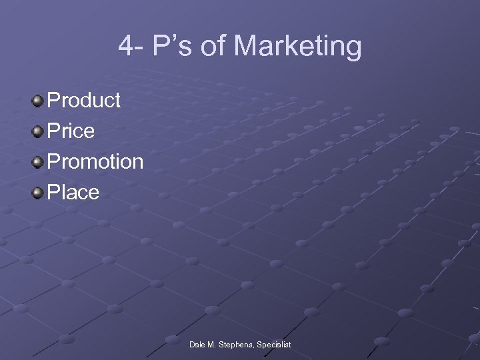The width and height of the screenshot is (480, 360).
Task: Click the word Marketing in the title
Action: (298, 47)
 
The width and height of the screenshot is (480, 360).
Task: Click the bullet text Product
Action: (85, 101)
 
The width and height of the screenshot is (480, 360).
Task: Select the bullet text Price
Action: (71, 131)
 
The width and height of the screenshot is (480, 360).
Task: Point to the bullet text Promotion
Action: (96, 162)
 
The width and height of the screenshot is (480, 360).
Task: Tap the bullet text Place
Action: (74, 193)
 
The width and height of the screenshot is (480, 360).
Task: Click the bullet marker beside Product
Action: (38, 101)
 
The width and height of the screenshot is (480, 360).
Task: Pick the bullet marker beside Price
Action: (38, 132)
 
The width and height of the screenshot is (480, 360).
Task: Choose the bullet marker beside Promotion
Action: (38, 163)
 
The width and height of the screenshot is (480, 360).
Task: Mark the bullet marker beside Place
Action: (38, 193)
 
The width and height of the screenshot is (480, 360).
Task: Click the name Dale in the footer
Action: (197, 345)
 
